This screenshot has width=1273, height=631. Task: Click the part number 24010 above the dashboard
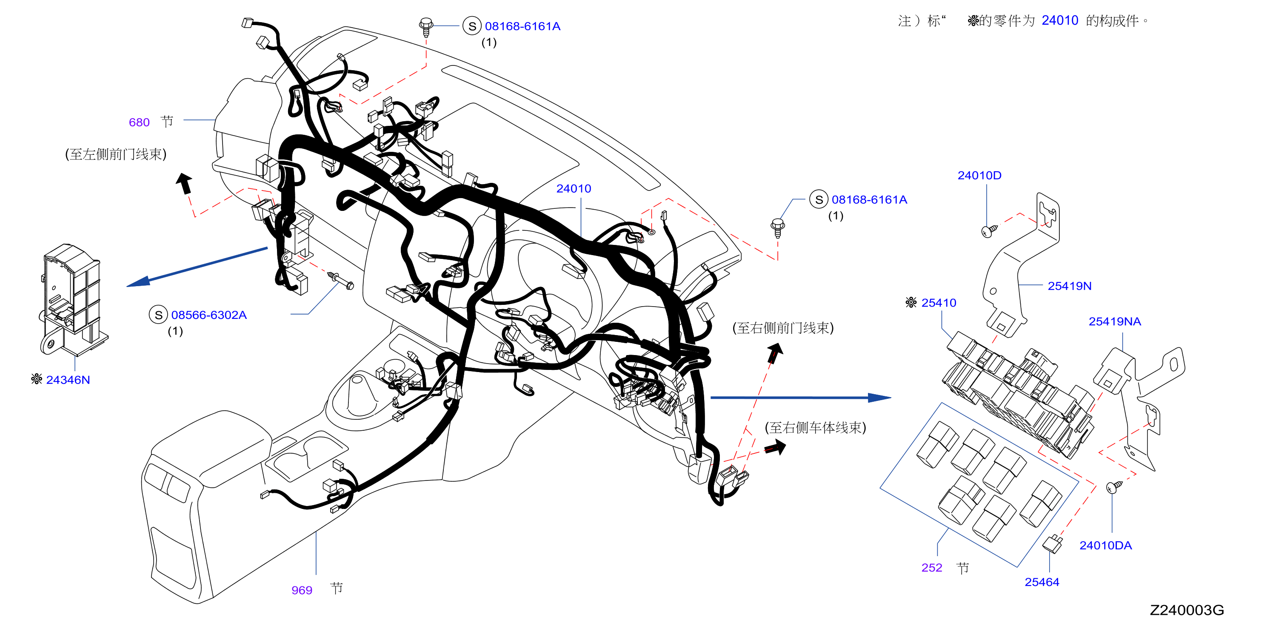pos(573,189)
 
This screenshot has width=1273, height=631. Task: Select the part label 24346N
pos(68,380)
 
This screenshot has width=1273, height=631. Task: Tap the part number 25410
pos(939,303)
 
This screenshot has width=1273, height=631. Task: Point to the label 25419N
pos(1069,286)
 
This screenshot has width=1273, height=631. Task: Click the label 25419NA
pos(1114,321)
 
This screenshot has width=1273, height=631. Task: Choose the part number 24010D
pos(979,175)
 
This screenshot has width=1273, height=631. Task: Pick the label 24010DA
pos(1105,545)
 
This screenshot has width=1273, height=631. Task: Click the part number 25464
pos(1042,582)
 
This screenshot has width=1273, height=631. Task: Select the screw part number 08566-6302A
pos(208,315)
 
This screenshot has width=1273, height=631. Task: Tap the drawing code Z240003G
pos(1187,610)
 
